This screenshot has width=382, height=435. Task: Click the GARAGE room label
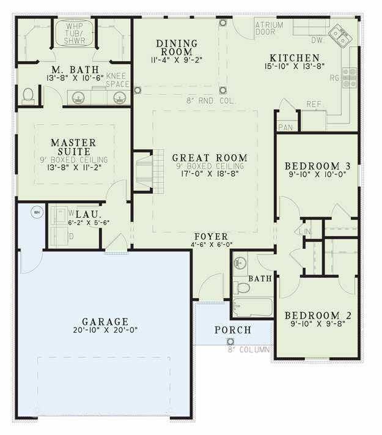(x=105, y=321)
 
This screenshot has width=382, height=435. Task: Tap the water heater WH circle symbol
(x=37, y=212)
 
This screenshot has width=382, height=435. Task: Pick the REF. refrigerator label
(x=314, y=105)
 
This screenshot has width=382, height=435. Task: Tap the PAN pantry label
(x=285, y=127)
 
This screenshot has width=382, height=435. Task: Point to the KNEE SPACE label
(x=117, y=80)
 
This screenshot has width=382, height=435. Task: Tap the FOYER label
(x=211, y=236)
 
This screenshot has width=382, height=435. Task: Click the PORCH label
(x=232, y=330)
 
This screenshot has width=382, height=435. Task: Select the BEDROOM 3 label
(x=317, y=166)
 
